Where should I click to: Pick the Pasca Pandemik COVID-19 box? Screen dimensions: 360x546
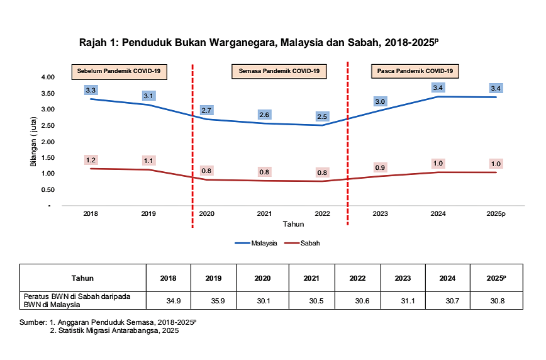415,71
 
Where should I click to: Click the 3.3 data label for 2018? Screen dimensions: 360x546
91,91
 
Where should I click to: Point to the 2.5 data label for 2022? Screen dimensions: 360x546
322,117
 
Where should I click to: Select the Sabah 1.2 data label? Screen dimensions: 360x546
91,160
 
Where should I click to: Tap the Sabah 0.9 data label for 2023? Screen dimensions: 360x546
380,168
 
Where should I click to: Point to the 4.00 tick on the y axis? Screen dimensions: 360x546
48,77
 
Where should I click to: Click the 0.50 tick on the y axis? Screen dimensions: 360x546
48,189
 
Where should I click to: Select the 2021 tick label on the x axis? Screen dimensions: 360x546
264,214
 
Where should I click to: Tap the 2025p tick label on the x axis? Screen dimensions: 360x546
496,214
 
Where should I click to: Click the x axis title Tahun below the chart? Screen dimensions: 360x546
293,223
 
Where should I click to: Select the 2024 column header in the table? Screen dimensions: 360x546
447,278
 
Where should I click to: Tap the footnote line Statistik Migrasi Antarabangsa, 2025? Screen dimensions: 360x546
117,330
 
